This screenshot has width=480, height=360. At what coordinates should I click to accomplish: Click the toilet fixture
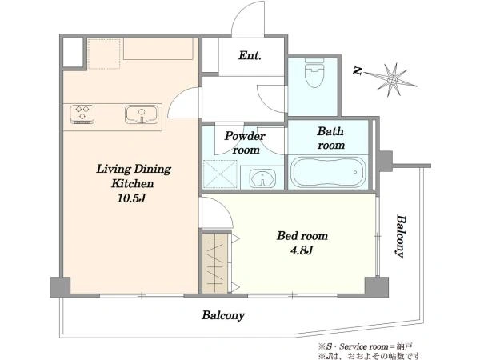point(314,73)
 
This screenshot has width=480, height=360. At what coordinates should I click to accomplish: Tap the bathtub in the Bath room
point(328,172)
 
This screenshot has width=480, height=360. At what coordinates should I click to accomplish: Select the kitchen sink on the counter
point(142,114)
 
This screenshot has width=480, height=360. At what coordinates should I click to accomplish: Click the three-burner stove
point(82,114)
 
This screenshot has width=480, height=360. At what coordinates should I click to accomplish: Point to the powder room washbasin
point(262,178)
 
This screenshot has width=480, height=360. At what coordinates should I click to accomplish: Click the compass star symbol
point(392,80)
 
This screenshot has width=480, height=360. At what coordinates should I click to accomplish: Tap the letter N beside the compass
point(358,71)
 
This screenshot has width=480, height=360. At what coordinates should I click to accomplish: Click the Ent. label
point(250,56)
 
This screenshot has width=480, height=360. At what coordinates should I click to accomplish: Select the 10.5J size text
point(131,198)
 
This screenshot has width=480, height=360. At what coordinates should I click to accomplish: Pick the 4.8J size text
point(302,250)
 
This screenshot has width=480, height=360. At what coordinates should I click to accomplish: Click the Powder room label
point(245,143)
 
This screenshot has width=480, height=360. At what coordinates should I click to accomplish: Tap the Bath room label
point(330,138)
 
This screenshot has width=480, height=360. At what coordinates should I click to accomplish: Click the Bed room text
point(302,236)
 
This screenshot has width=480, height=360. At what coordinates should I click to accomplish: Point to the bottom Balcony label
point(223,315)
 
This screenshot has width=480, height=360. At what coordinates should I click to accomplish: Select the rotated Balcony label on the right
point(402,236)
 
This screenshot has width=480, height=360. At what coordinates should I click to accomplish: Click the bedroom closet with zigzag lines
point(215,263)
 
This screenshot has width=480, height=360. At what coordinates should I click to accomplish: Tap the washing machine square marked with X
point(220,174)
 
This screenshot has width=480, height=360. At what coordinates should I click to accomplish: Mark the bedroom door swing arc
point(218,212)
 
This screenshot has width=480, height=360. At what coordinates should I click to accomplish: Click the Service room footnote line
point(366,346)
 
